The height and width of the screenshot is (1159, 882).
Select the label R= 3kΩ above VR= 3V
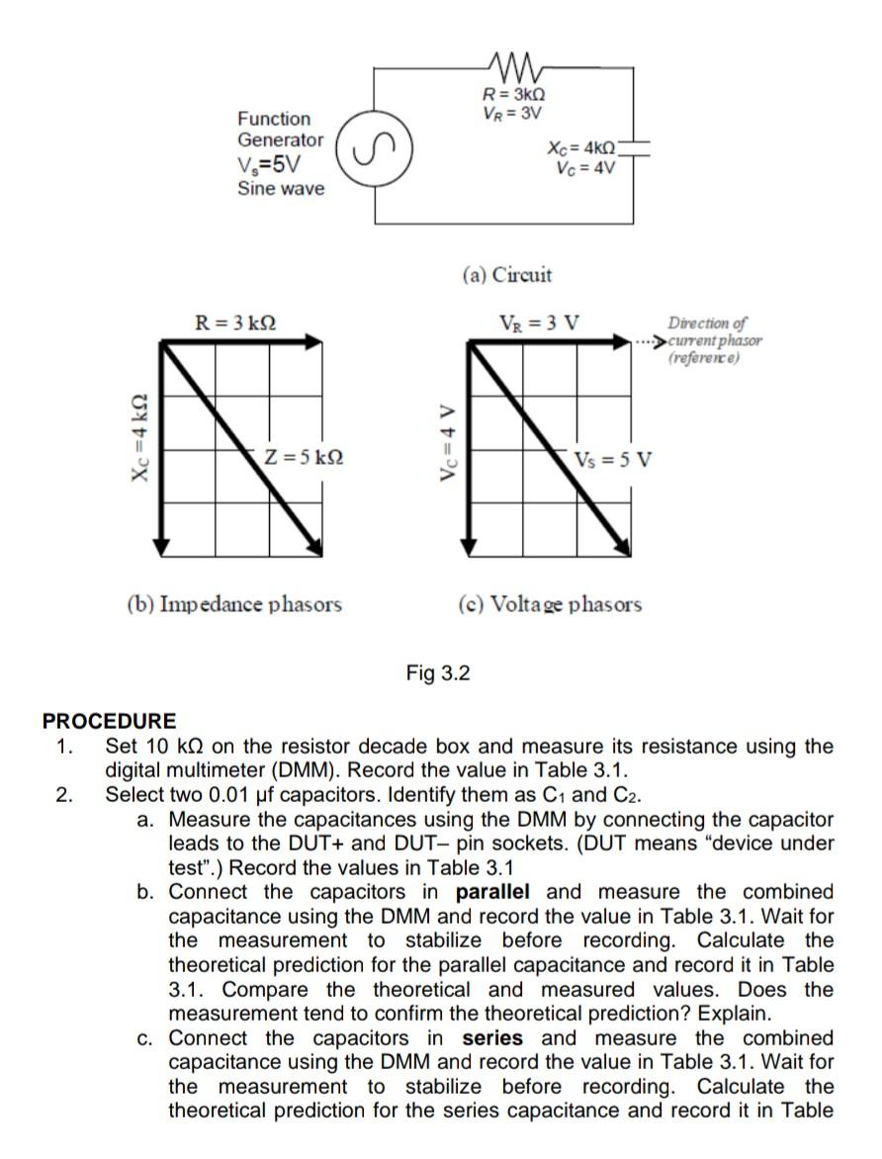click(x=512, y=95)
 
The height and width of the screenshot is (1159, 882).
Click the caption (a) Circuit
click(x=506, y=274)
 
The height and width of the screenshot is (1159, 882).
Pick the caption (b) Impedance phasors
click(x=234, y=603)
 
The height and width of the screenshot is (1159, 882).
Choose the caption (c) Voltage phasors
click(x=550, y=603)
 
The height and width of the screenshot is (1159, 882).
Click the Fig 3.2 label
click(x=438, y=673)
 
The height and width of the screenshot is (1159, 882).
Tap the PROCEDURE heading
click(x=109, y=721)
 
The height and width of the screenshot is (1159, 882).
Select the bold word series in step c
click(x=492, y=1038)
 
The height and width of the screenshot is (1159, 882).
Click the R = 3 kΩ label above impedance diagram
click(x=235, y=322)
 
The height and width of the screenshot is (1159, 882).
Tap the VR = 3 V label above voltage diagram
click(x=541, y=322)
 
